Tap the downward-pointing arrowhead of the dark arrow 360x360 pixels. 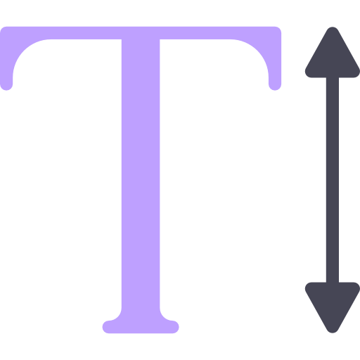[x=333, y=304]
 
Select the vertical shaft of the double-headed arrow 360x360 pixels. [x=333, y=180]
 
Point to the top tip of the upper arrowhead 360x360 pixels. [x=333, y=27]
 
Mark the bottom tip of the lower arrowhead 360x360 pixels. [x=333, y=333]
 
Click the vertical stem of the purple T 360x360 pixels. [x=141, y=174]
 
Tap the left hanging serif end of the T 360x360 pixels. [x=6, y=84]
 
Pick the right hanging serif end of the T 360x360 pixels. [x=275, y=84]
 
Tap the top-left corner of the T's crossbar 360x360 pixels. [x=1, y=28]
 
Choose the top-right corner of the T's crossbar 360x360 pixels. [x=280, y=28]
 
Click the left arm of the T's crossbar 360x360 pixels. [x=61, y=33]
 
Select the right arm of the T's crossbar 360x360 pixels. [x=220, y=33]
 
